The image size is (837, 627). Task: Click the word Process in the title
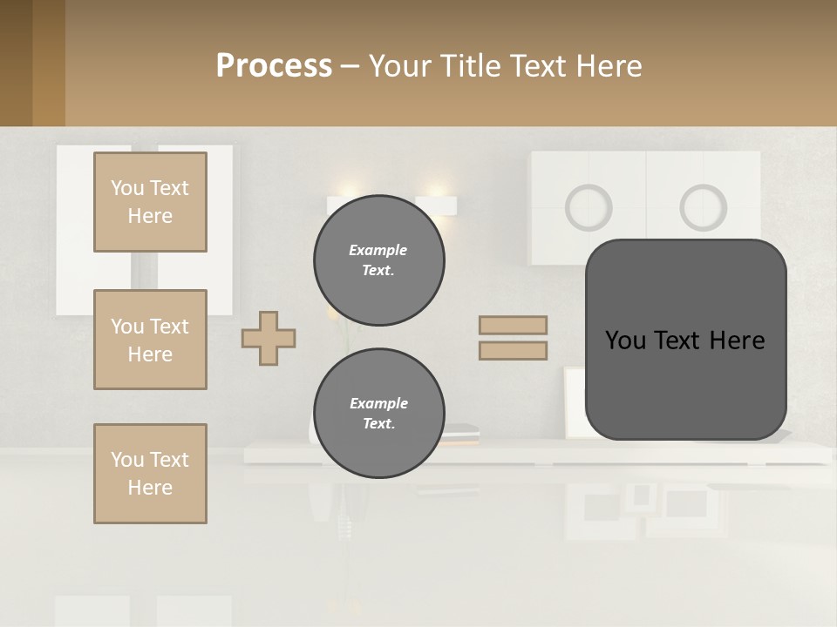[x=274, y=66]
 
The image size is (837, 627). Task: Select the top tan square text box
[x=150, y=202]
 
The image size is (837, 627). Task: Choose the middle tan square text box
[x=150, y=340]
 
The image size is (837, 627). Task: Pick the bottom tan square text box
[x=150, y=474]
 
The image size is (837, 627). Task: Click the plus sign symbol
[x=269, y=338]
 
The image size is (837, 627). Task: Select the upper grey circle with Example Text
[x=378, y=260]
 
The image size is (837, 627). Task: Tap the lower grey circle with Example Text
[x=378, y=413]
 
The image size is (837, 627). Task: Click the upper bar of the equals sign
[x=513, y=326]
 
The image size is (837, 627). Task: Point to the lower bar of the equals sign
[x=513, y=351]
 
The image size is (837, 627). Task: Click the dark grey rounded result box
[x=685, y=340]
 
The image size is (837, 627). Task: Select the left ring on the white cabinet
[x=589, y=207]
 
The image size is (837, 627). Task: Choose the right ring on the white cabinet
[x=703, y=207]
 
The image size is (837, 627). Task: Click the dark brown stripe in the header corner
[x=16, y=63]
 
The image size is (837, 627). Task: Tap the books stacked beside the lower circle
[x=462, y=431]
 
